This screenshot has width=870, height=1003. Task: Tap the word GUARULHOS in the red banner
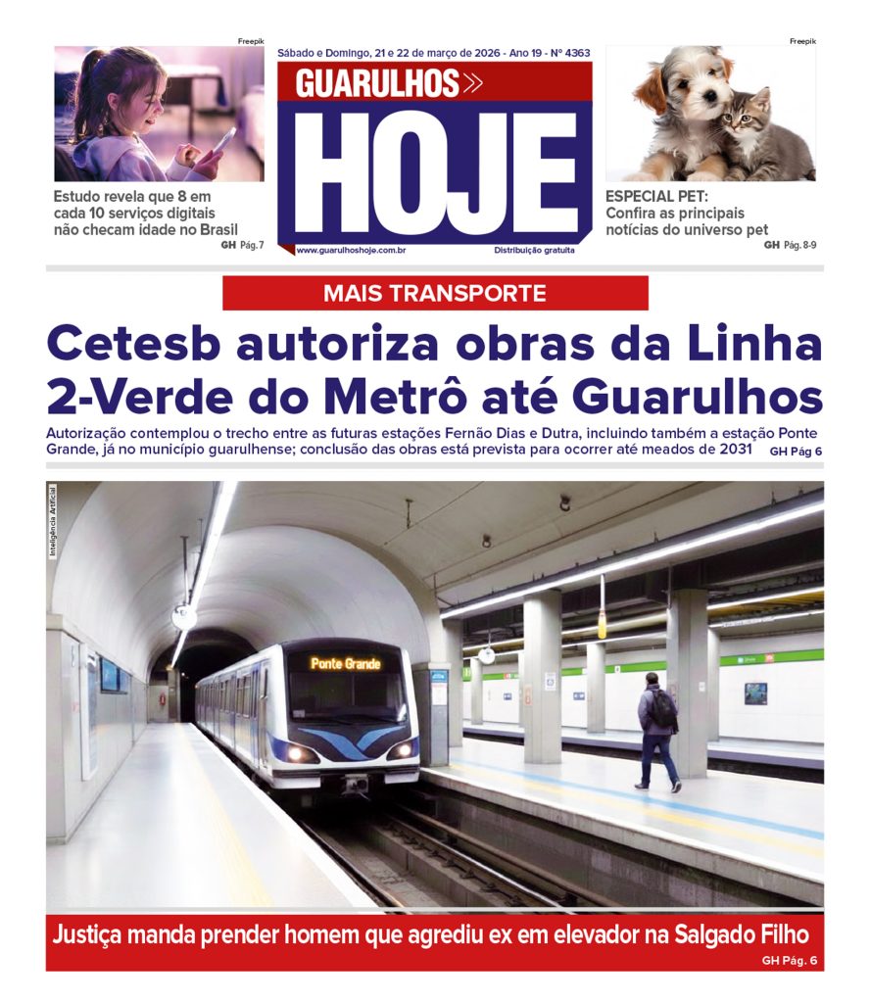[378, 84]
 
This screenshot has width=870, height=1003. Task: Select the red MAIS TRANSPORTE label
[435, 293]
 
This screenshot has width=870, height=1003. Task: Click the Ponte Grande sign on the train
[346, 664]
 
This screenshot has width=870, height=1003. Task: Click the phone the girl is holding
[222, 143]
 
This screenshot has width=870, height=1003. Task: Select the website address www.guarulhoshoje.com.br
[351, 251]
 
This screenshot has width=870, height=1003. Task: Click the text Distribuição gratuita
[534, 251]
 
